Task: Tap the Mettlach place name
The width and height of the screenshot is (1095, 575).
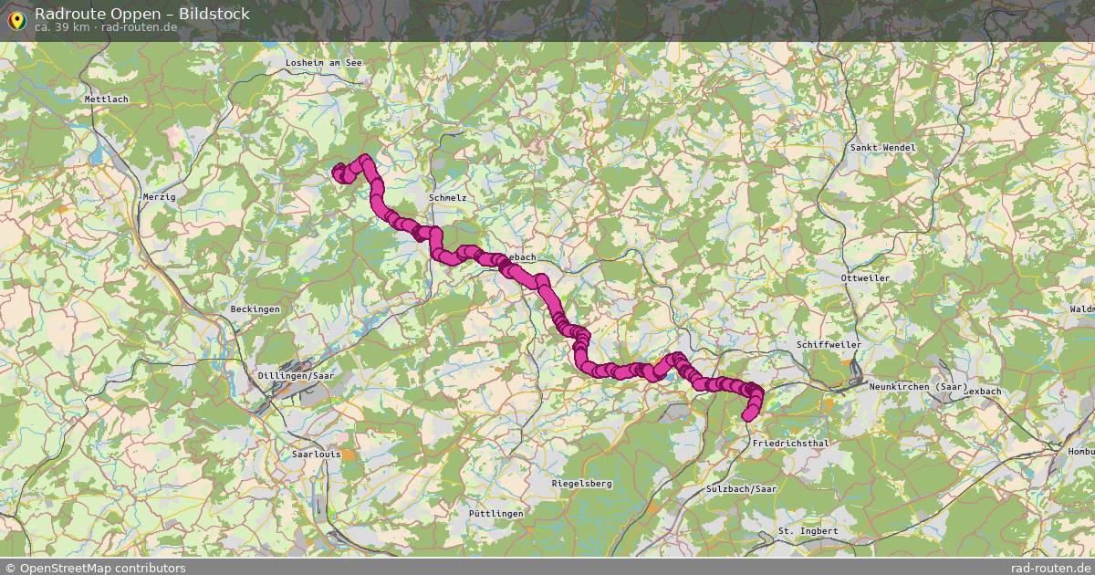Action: pyautogui.click(x=107, y=99)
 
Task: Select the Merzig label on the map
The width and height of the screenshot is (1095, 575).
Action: pyautogui.click(x=159, y=196)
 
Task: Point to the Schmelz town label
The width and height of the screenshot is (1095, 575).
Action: pyautogui.click(x=447, y=197)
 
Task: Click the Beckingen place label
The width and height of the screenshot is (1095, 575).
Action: pyautogui.click(x=255, y=309)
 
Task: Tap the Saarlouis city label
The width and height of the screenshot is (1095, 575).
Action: pyautogui.click(x=315, y=454)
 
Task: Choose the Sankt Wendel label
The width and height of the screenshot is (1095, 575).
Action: pyautogui.click(x=881, y=147)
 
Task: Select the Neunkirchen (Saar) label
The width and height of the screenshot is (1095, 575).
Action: pyautogui.click(x=917, y=388)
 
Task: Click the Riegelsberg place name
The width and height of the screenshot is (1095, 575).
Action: pyautogui.click(x=582, y=483)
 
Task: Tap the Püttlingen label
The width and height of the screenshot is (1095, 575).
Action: pyautogui.click(x=495, y=514)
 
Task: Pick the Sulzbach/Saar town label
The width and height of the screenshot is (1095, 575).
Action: pyautogui.click(x=741, y=490)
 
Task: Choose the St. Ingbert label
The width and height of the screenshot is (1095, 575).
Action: pyautogui.click(x=808, y=530)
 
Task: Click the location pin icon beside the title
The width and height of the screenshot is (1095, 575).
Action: pyautogui.click(x=16, y=17)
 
